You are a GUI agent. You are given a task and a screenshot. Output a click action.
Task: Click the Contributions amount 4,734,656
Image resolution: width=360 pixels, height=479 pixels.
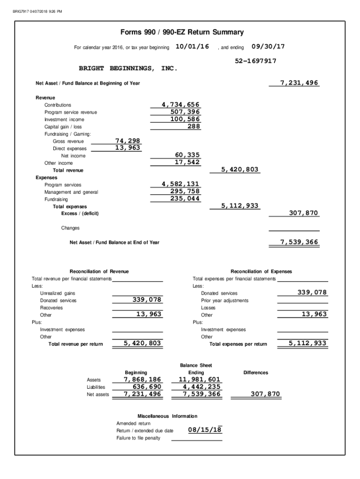click(180, 104)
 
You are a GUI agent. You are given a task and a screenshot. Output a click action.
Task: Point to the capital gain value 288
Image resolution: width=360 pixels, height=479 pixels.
click(194, 126)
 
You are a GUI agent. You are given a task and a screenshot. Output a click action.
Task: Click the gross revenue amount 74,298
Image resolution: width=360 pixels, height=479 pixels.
click(128, 141)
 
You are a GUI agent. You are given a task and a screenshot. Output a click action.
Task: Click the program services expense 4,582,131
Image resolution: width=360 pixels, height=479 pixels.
click(180, 184)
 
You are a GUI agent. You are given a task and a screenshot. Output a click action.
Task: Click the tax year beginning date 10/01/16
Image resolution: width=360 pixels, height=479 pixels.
click(192, 47)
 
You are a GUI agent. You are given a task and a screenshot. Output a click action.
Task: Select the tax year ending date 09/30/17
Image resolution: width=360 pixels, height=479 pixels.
click(268, 47)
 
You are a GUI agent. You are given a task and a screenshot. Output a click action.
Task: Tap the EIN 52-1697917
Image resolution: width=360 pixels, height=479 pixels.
click(255, 61)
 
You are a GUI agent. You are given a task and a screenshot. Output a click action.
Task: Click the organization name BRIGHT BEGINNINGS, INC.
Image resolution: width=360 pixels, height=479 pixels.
click(128, 68)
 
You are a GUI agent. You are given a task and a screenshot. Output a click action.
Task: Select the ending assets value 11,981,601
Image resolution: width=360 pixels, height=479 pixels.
click(199, 379)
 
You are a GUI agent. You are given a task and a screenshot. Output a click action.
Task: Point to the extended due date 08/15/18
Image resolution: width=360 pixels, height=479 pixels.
click(205, 430)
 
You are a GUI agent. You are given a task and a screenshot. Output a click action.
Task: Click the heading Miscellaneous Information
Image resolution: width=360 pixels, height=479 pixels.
click(167, 416)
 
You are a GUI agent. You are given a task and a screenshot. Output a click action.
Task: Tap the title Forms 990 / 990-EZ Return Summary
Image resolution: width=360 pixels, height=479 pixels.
click(182, 32)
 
